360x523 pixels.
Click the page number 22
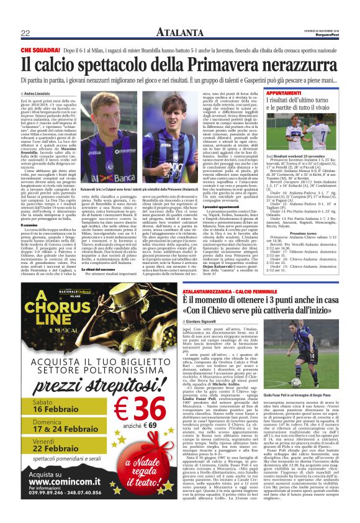pyautogui.click(x=25, y=33)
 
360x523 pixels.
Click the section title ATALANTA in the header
pyautogui.click(x=179, y=32)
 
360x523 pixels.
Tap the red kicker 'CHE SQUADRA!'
pyautogui.click(x=40, y=49)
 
